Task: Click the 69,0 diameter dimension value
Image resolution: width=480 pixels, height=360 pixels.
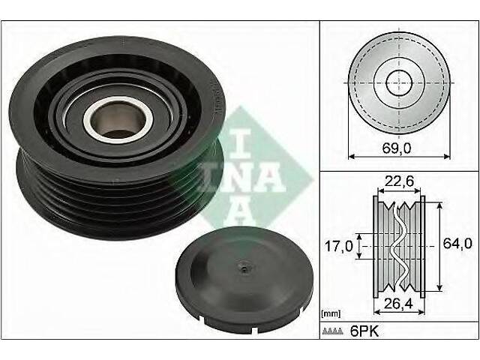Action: (396, 148)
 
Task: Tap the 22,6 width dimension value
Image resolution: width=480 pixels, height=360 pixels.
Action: (399, 181)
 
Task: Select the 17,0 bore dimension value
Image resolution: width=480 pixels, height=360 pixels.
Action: (338, 246)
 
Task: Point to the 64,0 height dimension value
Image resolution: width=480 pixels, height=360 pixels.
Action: (457, 243)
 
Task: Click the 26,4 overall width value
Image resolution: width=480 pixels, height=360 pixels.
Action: (399, 303)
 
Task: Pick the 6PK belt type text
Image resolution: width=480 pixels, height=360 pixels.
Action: (364, 331)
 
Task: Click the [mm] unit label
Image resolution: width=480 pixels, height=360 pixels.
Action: (331, 313)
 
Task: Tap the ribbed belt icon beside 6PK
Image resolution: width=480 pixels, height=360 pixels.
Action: (333, 331)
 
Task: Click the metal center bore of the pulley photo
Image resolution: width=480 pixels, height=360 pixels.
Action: (118, 120)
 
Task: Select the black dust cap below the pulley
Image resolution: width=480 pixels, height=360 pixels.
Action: (244, 280)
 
